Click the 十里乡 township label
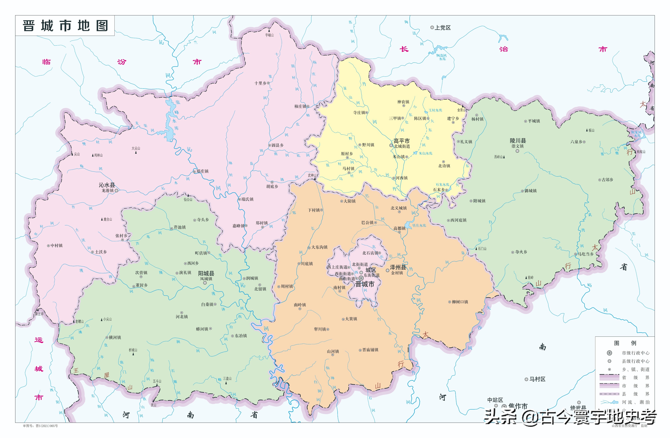(x=260, y=83)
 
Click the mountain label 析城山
(x=133, y=350)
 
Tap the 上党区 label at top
(x=443, y=28)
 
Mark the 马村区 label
(x=537, y=379)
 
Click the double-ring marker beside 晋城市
(x=361, y=278)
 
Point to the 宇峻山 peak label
(x=269, y=35)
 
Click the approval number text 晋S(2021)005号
(x=46, y=426)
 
